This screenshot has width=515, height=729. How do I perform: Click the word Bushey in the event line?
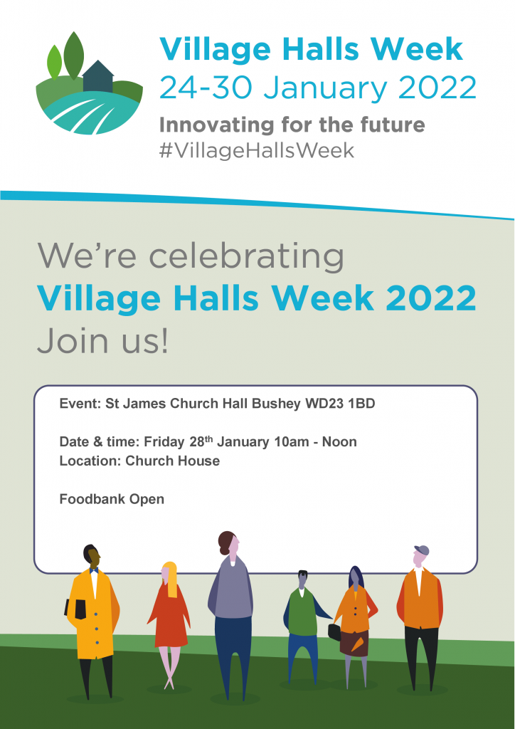coord(276,404)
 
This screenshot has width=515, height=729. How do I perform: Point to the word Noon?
coord(339,441)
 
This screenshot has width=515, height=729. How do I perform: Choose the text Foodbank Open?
coord(112,499)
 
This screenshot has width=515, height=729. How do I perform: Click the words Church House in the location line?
coord(173,461)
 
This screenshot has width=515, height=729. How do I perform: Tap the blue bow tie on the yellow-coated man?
coord(94,570)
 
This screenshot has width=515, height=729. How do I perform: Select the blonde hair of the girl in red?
coord(170,579)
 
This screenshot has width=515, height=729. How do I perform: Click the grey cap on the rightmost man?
coord(422,550)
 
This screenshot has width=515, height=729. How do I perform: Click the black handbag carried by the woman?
coord(334,632)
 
